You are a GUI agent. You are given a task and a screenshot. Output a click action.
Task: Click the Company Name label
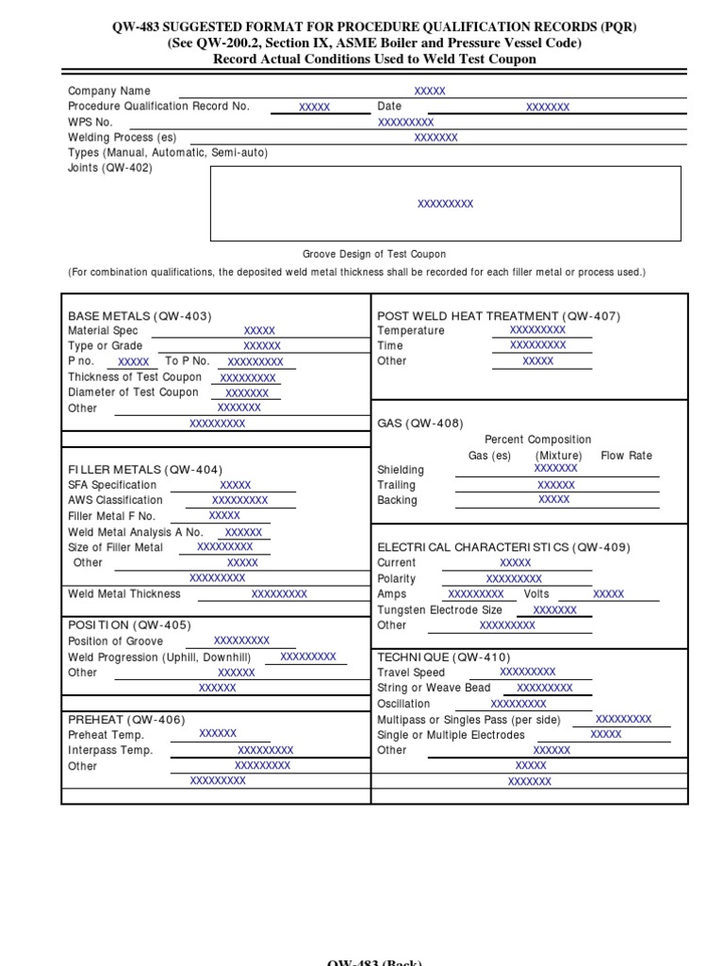[108, 91]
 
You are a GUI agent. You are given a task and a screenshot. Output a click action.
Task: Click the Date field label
[389, 107]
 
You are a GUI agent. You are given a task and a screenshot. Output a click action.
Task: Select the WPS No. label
[90, 122]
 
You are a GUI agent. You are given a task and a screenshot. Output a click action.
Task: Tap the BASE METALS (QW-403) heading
[140, 316]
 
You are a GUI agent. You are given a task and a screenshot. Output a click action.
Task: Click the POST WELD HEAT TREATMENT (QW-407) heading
[499, 316]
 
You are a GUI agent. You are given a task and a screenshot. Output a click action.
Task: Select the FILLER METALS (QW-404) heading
[144, 469]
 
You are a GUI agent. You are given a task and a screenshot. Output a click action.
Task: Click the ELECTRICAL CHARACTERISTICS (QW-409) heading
[503, 547]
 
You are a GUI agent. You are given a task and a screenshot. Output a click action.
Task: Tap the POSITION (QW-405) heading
[129, 625]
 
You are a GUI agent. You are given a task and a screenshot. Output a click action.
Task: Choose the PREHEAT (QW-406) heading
[126, 719]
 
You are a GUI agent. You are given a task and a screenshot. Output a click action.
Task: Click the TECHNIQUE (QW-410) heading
[443, 657]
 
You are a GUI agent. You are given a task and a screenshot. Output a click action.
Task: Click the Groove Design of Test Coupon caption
[374, 255]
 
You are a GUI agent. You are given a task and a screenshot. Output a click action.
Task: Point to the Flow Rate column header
[626, 455]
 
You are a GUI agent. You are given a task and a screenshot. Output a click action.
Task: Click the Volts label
[536, 594]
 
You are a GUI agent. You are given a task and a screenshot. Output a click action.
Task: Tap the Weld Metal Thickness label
[123, 594]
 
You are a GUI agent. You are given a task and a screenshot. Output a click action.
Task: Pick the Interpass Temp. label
[109, 750]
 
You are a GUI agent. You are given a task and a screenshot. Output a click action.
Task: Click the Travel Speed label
[410, 673]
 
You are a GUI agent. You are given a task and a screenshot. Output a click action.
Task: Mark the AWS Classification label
[115, 500]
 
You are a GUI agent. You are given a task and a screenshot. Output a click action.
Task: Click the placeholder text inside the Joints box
[445, 204]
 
